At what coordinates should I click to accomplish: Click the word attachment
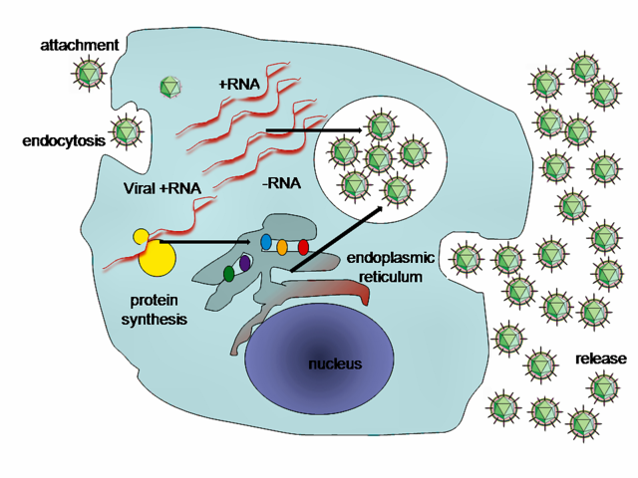[x=80, y=45]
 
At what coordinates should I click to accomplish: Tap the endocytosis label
[x=63, y=140]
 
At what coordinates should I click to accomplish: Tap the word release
[x=601, y=358]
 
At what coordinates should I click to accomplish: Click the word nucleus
[x=334, y=363]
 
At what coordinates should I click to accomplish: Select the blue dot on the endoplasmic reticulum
[x=266, y=242]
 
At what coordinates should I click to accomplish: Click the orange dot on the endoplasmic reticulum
[x=283, y=246]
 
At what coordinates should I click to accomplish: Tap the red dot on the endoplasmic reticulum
[x=303, y=247]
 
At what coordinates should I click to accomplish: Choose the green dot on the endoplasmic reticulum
[x=229, y=273]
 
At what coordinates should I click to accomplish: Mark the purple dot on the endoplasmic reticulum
[x=245, y=264]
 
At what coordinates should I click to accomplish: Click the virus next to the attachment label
[x=92, y=74]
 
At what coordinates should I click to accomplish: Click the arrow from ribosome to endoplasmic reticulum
[x=204, y=241]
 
